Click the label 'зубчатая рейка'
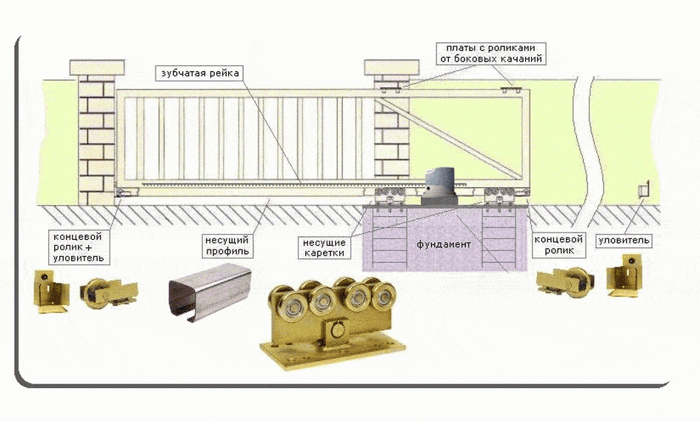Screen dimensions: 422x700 coord(197,73)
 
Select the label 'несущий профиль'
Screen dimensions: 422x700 coord(227,247)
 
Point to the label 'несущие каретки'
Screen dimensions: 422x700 coord(324,248)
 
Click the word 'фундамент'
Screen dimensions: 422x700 coord(443,244)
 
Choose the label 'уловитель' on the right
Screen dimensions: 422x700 coord(624,241)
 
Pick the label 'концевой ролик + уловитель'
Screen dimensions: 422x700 coord(77,247)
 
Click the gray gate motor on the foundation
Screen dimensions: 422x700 coord(441,186)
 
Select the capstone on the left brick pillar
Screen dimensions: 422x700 coord(99,67)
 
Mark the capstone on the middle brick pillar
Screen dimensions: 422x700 coord(392,67)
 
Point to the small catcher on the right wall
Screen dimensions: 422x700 coord(641,188)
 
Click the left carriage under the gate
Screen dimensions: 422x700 coord(388,198)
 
